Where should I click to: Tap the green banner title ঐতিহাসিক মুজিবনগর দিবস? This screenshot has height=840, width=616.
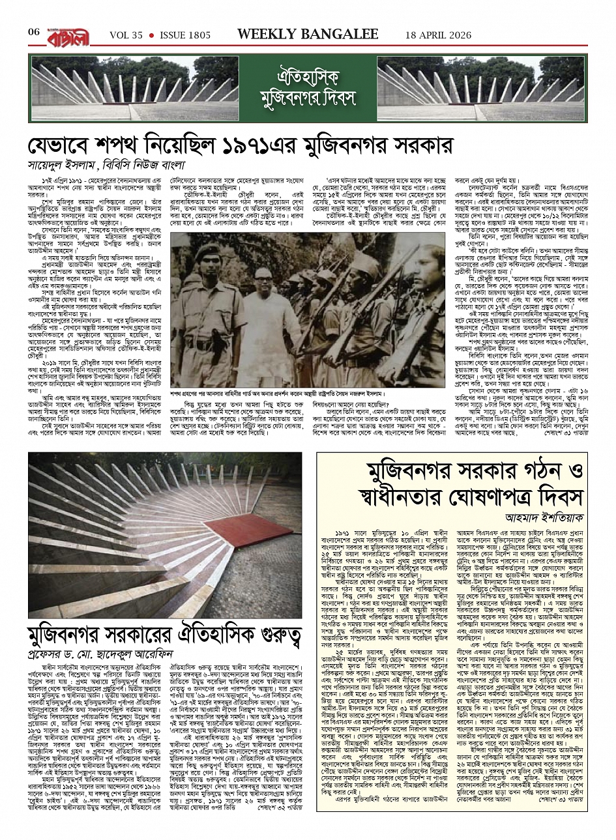(x=307, y=87)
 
